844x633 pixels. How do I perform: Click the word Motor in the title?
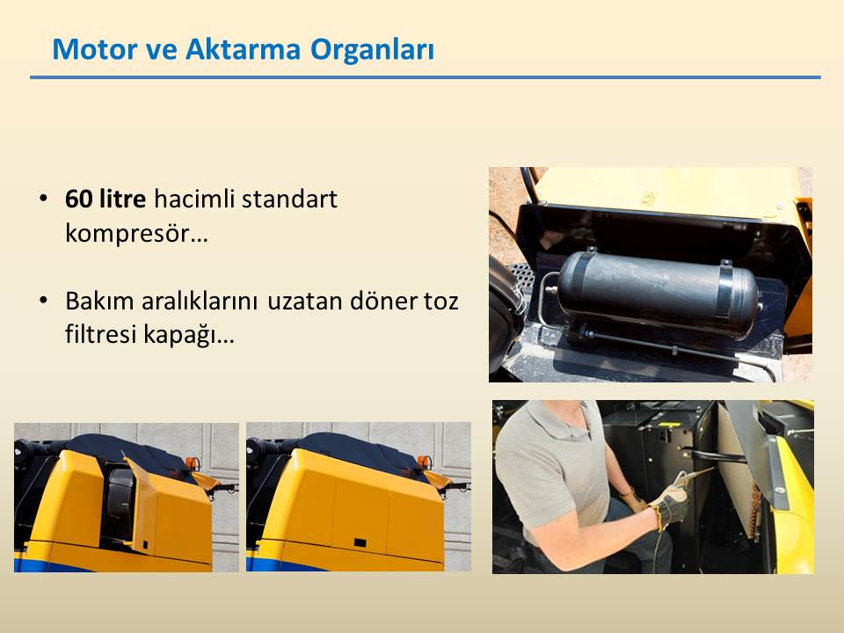click(95, 49)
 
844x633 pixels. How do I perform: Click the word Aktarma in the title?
click(243, 49)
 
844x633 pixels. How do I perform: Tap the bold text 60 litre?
click(105, 199)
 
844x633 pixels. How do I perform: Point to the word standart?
click(289, 199)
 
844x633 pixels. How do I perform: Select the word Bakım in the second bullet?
click(99, 301)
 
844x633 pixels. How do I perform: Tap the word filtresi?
click(100, 334)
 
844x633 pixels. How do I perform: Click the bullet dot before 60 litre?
click(44, 199)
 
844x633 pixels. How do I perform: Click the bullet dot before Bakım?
click(44, 301)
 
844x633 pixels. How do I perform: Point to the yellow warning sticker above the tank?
click(649, 198)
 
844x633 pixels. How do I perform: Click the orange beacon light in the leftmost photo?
click(193, 463)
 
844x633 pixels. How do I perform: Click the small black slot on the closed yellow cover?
click(360, 542)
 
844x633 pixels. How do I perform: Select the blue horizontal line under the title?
click(426, 77)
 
